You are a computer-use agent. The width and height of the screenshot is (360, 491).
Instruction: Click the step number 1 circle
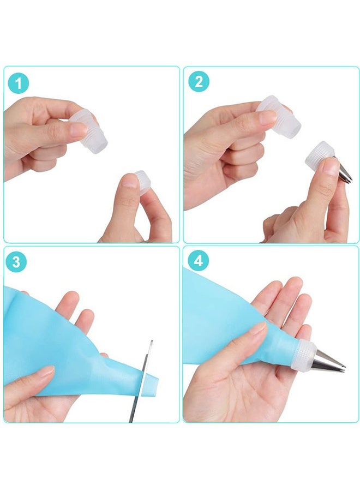pos(19,83)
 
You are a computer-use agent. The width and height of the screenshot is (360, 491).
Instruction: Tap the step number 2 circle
pos(199,82)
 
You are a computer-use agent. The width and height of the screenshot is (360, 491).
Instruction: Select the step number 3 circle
pos(16,261)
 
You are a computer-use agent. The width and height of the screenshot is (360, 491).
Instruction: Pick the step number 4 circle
pos(199,261)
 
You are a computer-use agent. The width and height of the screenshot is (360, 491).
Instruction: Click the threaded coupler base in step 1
pos(89,131)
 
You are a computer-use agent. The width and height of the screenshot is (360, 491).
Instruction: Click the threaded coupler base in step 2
pos(280,117)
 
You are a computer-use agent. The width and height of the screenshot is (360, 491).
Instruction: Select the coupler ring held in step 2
pos(320,156)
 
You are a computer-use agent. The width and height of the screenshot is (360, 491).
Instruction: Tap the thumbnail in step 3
pos(46,372)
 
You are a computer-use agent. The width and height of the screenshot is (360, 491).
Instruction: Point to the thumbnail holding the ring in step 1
pos(129,181)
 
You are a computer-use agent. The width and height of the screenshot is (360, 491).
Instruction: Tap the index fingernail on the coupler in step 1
pos(77,129)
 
